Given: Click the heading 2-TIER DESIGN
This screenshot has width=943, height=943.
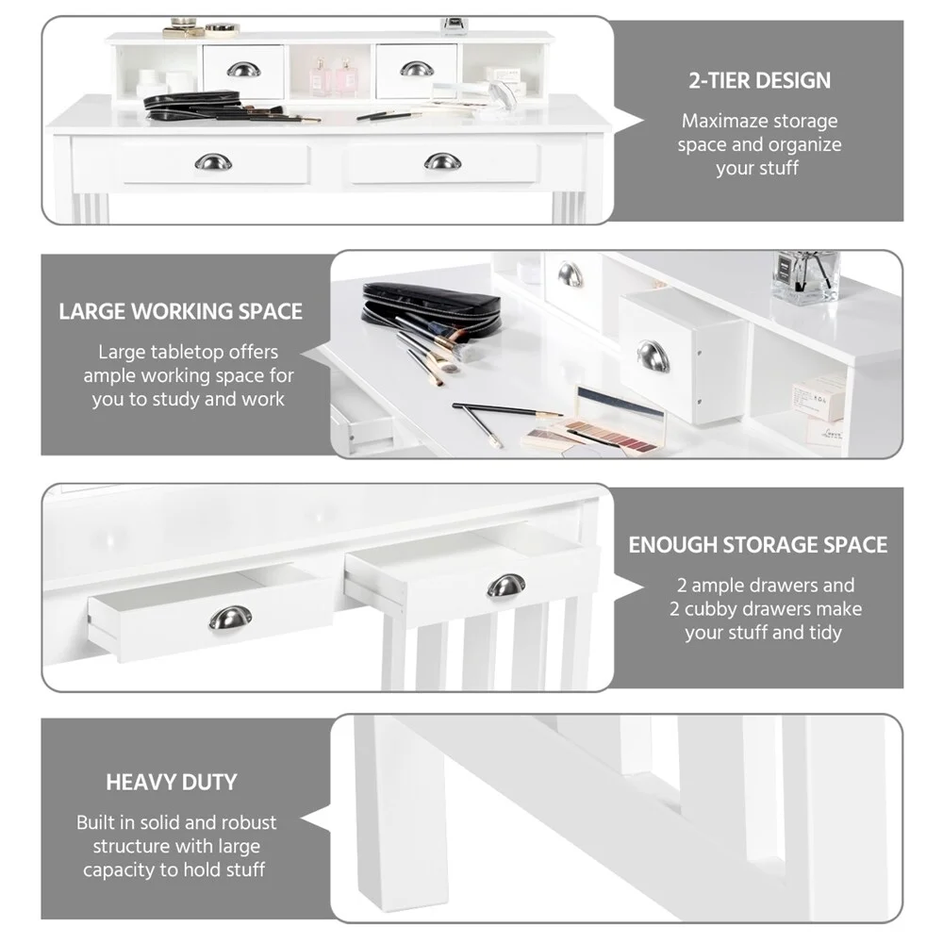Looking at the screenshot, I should pyautogui.click(x=759, y=79).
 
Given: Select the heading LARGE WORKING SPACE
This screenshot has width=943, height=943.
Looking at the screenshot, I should pyautogui.click(x=181, y=311).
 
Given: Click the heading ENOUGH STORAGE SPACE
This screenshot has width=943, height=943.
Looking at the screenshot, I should pyautogui.click(x=758, y=545).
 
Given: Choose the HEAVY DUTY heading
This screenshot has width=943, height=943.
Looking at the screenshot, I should pyautogui.click(x=171, y=782).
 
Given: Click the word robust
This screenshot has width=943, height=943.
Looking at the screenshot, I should pyautogui.click(x=251, y=822).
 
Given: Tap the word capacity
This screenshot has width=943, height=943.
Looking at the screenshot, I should pyautogui.click(x=117, y=869).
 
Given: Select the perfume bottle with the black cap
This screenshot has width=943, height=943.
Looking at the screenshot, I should pyautogui.click(x=804, y=275).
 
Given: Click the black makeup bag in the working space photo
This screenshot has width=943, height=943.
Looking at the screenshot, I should pyautogui.click(x=427, y=300).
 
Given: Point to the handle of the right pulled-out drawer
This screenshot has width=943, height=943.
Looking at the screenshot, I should pyautogui.click(x=506, y=586).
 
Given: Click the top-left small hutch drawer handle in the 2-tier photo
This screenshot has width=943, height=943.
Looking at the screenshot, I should pyautogui.click(x=243, y=70).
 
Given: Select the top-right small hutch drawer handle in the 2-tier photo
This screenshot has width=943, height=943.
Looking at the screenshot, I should pyautogui.click(x=416, y=69).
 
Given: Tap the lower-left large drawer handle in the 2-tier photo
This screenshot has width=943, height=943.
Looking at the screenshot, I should pyautogui.click(x=213, y=162).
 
